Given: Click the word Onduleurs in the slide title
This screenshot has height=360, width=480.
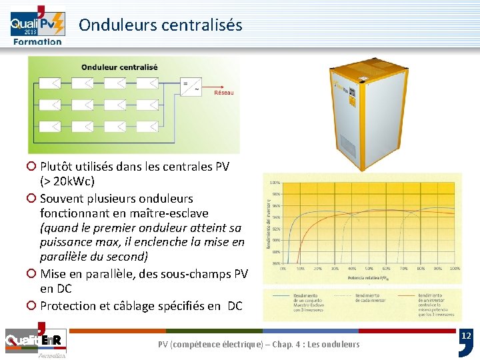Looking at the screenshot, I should (111, 25).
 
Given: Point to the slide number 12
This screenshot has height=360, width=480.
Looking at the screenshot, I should (467, 337).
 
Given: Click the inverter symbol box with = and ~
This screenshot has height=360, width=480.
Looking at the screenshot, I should (191, 86).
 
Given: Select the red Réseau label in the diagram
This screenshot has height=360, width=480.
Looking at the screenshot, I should (223, 93).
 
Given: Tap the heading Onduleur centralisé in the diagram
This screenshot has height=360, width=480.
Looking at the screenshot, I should (119, 67).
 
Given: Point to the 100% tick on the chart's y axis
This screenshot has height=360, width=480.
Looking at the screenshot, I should (274, 182).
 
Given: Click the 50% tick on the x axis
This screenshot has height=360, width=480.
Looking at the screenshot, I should (368, 269).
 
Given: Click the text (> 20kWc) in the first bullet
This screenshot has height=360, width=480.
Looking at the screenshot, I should (67, 181).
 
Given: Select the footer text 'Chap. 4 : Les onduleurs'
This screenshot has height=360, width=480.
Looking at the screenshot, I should (319, 344).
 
